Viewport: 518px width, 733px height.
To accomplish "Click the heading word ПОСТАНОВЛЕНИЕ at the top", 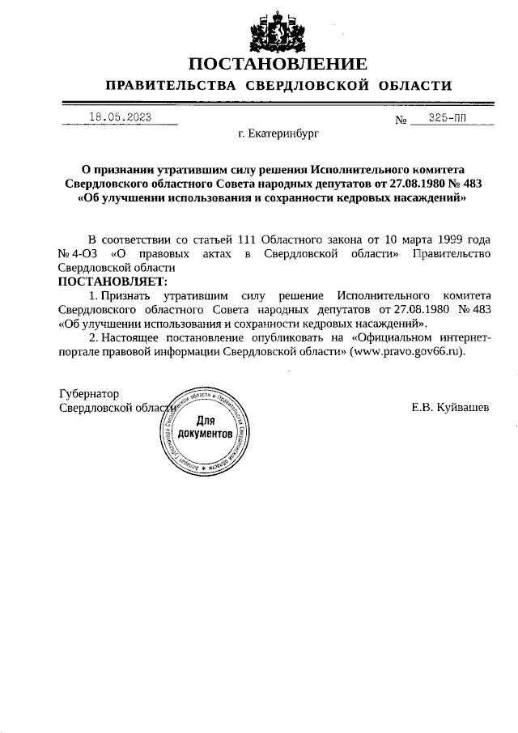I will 278,63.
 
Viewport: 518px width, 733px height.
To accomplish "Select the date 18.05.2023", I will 121,117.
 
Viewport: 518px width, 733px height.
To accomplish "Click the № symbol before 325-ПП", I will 400,120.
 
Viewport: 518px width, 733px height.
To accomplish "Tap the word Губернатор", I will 89,393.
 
